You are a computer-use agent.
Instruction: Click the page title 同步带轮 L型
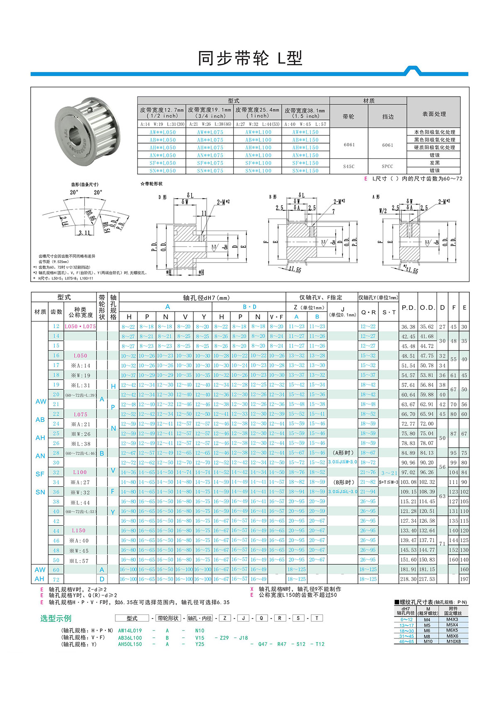click(249, 58)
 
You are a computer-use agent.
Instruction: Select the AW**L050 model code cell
click(162, 132)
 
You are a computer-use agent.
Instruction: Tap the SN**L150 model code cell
click(305, 171)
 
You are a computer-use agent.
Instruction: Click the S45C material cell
click(349, 166)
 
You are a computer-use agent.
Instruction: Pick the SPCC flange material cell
click(387, 166)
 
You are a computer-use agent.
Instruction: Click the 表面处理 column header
click(434, 114)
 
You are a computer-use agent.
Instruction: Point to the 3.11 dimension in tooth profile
click(84, 233)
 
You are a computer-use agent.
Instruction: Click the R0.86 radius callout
click(90, 217)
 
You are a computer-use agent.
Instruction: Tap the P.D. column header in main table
click(408, 307)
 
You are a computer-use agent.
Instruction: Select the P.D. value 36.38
click(408, 327)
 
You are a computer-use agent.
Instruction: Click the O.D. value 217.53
click(427, 579)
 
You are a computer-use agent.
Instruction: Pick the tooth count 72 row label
click(56, 579)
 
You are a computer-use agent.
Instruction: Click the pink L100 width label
click(80, 472)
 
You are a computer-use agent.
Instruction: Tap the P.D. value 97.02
click(408, 473)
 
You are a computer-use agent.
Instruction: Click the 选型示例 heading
click(56, 619)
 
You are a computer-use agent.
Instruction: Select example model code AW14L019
click(130, 630)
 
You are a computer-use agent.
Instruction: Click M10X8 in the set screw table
click(453, 641)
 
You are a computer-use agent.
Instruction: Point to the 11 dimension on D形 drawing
click(204, 213)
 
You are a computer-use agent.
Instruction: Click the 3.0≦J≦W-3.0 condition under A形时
click(343, 462)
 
